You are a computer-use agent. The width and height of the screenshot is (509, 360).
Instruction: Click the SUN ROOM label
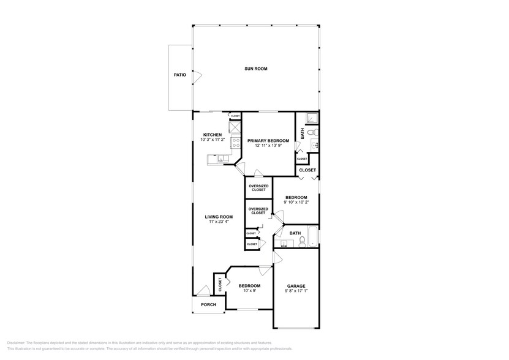(x=257, y=69)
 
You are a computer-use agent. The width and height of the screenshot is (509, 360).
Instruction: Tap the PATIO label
(x=179, y=75)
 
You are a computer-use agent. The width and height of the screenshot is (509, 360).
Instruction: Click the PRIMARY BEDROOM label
(x=268, y=140)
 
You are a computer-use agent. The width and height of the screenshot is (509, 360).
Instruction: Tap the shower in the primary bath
(x=312, y=119)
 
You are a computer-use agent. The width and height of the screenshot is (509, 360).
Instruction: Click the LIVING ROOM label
(x=218, y=216)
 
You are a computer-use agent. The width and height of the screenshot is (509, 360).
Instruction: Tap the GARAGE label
(x=296, y=286)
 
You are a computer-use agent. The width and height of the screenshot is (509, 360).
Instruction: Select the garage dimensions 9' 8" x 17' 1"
(x=296, y=291)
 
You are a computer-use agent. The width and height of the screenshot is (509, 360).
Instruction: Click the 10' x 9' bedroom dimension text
(x=249, y=291)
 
